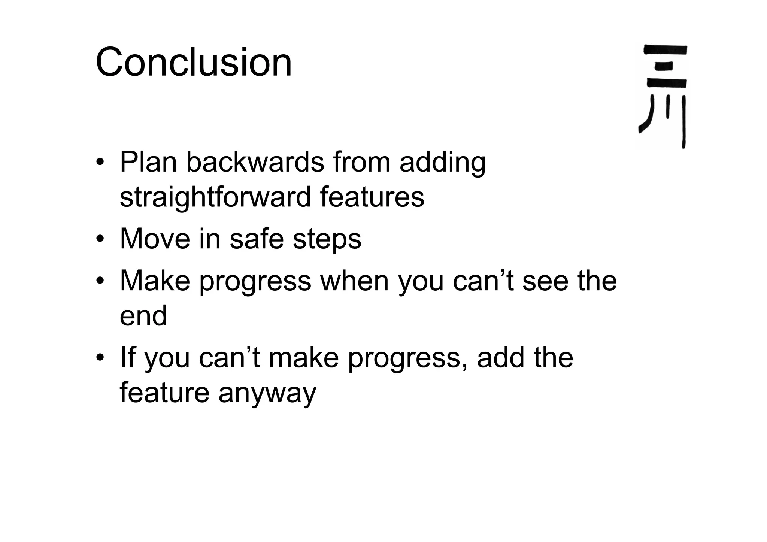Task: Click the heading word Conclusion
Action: (194, 62)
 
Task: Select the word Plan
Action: (148, 162)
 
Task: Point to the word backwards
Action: (255, 162)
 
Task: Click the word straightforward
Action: (215, 197)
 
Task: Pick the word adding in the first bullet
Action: (442, 163)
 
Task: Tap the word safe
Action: (257, 239)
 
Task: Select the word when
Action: (354, 281)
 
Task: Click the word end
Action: (143, 315)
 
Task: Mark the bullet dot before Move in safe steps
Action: (100, 239)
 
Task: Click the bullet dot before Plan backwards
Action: (100, 163)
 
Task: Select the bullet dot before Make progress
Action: (100, 281)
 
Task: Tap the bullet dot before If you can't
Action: (100, 358)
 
